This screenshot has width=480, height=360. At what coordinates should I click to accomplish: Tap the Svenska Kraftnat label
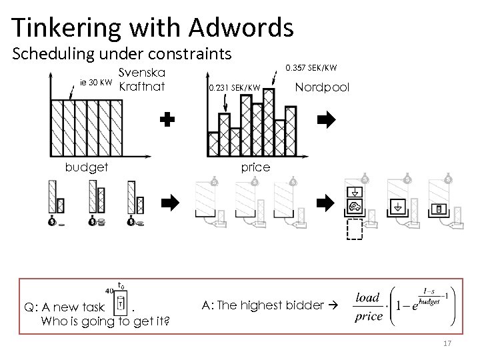pyautogui.click(x=141, y=80)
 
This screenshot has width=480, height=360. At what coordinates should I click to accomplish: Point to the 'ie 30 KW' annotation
pyautogui.click(x=96, y=82)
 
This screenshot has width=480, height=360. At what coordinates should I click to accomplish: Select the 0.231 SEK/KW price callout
pyautogui.click(x=233, y=87)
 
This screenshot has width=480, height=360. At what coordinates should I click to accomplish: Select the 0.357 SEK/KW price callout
pyautogui.click(x=311, y=67)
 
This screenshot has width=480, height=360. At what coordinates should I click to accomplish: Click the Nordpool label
pyautogui.click(x=321, y=87)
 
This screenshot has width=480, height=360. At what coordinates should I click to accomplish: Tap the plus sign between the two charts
pyautogui.click(x=168, y=120)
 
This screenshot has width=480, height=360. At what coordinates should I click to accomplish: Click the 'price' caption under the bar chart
pyautogui.click(x=255, y=167)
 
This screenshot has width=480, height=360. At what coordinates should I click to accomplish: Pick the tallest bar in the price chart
pyautogui.click(x=269, y=113)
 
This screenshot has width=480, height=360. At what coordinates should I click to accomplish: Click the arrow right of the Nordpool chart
pyautogui.click(x=326, y=120)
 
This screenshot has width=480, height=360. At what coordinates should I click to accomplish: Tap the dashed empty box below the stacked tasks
pyautogui.click(x=354, y=229)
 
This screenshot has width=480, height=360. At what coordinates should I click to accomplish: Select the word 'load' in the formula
pyautogui.click(x=368, y=297)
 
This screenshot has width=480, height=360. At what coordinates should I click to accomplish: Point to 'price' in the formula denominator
pyautogui.click(x=369, y=316)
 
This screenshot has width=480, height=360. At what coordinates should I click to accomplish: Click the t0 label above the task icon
pyautogui.click(x=121, y=285)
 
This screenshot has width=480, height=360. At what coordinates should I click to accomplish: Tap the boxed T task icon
pyautogui.click(x=121, y=304)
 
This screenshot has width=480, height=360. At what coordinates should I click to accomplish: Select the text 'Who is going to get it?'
pyautogui.click(x=105, y=321)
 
